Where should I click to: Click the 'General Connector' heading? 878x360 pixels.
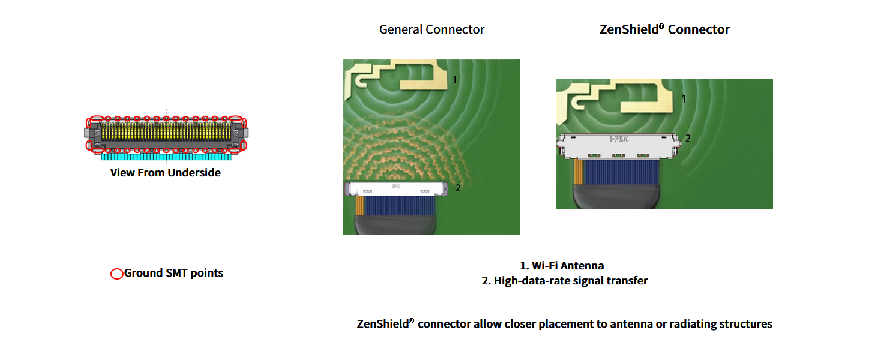[x=431, y=29]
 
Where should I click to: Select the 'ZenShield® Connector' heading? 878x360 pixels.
[x=664, y=29]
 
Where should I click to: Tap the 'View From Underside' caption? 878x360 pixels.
[x=166, y=173]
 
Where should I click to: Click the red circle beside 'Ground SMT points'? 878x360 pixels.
[x=117, y=274]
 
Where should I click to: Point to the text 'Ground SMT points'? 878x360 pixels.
[x=173, y=273]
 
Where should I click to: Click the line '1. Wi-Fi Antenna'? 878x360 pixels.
[x=562, y=266]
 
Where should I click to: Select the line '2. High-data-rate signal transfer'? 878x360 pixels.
[x=564, y=281]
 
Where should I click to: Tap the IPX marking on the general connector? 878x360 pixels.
[x=396, y=187]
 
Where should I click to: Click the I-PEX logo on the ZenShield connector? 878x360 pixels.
[x=619, y=139]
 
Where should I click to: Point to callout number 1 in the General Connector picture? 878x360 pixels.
[x=454, y=80]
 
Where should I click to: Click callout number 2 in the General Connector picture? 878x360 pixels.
[x=457, y=188]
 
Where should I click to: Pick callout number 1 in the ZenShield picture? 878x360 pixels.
[x=684, y=99]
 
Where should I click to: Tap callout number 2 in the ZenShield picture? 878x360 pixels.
[x=688, y=138]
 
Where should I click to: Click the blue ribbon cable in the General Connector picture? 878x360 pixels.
[x=400, y=206]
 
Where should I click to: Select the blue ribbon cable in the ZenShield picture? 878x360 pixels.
[x=621, y=172]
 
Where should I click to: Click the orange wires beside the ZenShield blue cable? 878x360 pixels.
[x=579, y=172]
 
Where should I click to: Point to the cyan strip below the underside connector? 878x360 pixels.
[x=166, y=157]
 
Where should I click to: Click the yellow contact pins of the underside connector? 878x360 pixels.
[x=166, y=131]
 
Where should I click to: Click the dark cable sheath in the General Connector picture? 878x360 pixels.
[x=395, y=225]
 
